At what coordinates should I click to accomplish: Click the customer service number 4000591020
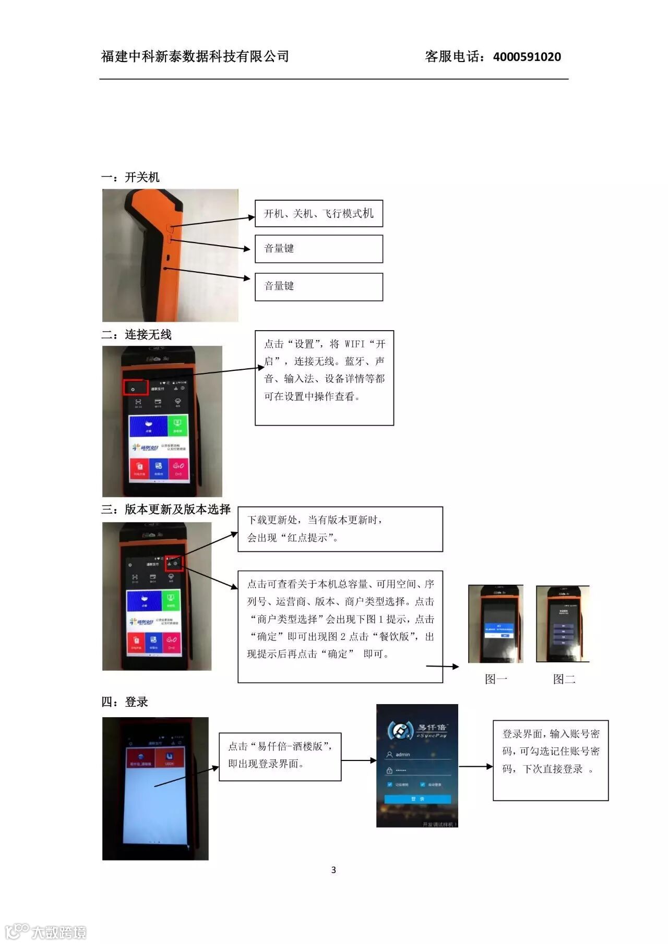pos(527,57)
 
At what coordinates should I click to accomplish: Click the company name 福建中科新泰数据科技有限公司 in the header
pos(195,56)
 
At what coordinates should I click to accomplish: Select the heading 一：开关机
pos(130,177)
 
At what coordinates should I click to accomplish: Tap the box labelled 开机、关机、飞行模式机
pos(318,213)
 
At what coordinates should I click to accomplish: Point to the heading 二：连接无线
pos(137,335)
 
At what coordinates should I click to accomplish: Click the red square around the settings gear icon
pos(135,388)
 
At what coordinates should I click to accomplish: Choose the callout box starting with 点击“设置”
pos(324,377)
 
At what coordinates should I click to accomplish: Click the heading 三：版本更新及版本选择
pos(166,510)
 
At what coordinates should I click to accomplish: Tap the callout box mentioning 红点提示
pos(340,529)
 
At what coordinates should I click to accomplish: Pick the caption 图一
pos(496,679)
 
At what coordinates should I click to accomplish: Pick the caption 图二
pos(564,679)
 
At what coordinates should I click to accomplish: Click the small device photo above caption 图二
pos(563,624)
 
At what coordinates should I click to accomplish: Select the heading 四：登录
pos(125,702)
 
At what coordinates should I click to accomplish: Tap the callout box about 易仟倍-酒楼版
pos(280,756)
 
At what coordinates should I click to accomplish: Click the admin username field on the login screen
pos(417,755)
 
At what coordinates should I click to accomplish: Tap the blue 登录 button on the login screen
pos(417,799)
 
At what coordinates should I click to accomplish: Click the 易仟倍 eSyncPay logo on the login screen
pos(417,730)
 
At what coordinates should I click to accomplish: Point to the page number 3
pos(333,870)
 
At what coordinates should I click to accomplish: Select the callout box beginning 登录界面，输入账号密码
pos(551,760)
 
